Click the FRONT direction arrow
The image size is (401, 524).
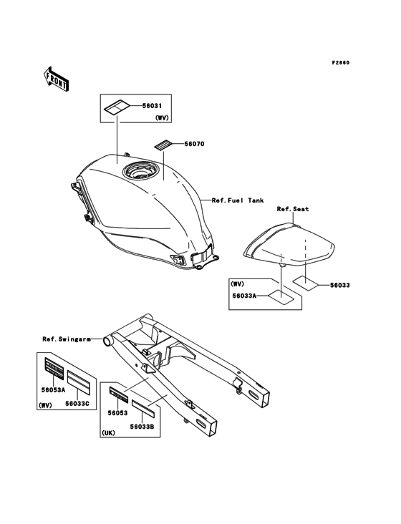click(x=56, y=79)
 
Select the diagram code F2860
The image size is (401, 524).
click(x=341, y=62)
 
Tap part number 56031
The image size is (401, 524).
click(x=152, y=106)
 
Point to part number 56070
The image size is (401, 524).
click(x=195, y=144)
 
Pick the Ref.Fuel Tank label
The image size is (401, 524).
click(x=238, y=200)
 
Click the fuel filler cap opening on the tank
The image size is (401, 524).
click(x=139, y=171)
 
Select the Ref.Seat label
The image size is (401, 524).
click(x=293, y=209)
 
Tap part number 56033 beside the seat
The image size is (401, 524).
click(x=340, y=285)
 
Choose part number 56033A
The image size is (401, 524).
click(x=245, y=296)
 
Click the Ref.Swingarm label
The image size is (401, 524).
click(x=67, y=339)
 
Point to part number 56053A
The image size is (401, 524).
click(x=53, y=389)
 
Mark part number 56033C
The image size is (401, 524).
click(x=77, y=403)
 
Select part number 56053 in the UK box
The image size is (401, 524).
click(x=117, y=413)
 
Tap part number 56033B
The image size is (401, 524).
click(x=142, y=427)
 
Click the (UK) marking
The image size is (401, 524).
click(x=108, y=433)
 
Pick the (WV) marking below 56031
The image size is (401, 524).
click(x=162, y=117)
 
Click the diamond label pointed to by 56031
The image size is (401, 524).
click(x=117, y=107)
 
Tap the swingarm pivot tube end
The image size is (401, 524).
click(x=107, y=341)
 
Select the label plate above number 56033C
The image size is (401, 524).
click(x=79, y=382)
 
